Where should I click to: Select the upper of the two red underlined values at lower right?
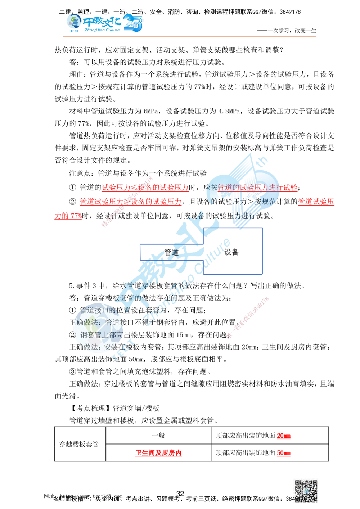283,437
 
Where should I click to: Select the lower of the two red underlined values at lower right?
283,454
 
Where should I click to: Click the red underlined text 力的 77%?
68,216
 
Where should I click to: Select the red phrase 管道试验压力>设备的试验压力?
130,202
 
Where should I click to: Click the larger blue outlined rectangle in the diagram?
234,251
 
